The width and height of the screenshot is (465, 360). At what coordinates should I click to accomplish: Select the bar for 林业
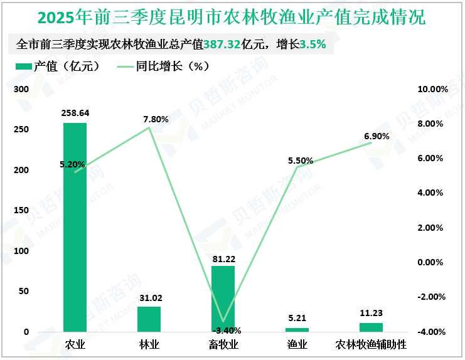click(149, 319)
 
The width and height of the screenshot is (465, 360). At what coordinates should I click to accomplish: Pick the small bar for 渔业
click(297, 329)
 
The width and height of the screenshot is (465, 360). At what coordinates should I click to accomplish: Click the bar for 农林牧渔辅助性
click(371, 327)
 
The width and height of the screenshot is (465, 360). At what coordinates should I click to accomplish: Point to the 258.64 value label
click(75, 114)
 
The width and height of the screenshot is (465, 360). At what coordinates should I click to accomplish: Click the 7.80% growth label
click(156, 119)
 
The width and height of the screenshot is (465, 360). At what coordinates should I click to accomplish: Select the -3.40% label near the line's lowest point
click(227, 331)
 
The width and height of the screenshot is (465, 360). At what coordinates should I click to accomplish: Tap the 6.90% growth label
click(377, 136)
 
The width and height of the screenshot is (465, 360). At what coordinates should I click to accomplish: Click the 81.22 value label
click(224, 258)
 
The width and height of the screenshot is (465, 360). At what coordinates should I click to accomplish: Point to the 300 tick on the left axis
click(22, 90)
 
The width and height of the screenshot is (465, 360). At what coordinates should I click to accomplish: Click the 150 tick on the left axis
click(22, 211)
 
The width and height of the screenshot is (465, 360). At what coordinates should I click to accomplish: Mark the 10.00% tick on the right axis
click(433, 90)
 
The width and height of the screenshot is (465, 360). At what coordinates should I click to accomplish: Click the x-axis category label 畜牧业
click(223, 345)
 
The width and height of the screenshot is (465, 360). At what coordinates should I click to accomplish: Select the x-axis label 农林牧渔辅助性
click(371, 345)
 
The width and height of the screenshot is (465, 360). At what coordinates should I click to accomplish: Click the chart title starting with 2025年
click(232, 17)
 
